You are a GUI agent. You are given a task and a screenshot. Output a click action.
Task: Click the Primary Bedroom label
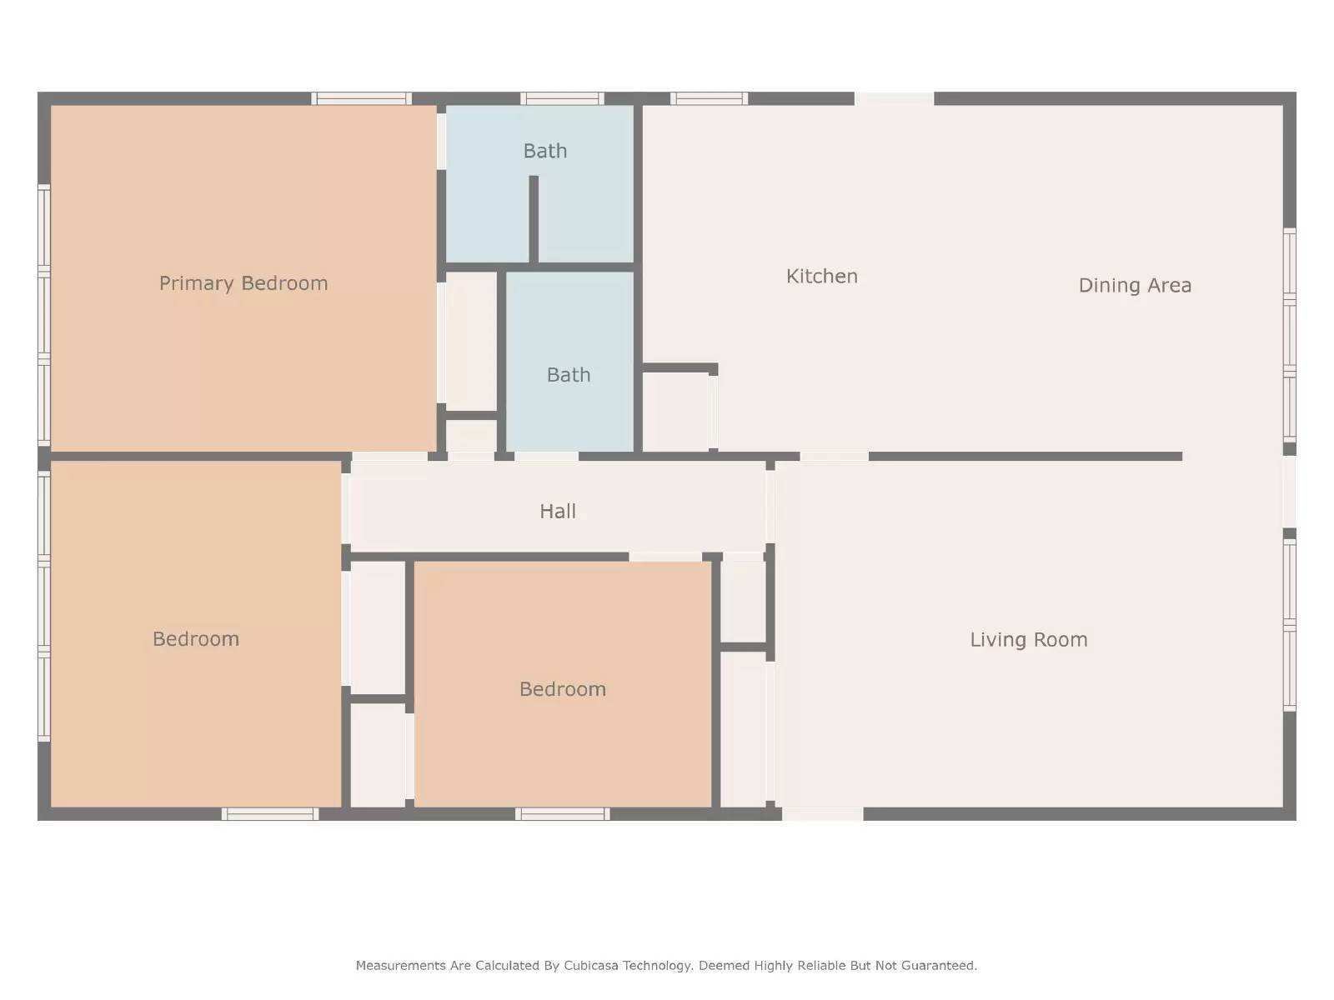tap(243, 283)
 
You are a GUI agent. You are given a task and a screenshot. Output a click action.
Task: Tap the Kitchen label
tap(821, 277)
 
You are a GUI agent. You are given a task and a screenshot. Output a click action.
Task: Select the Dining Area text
tap(1135, 286)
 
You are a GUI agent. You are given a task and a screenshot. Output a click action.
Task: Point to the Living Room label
tap(1028, 640)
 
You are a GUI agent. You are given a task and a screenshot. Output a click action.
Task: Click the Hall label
tap(558, 512)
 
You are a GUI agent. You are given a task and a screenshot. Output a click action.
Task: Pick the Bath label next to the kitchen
tap(569, 375)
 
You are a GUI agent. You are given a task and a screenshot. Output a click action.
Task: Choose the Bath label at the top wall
tap(545, 151)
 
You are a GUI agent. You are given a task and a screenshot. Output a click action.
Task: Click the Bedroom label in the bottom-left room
tap(196, 639)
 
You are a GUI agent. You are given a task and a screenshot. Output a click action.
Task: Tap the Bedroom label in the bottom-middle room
tap(563, 689)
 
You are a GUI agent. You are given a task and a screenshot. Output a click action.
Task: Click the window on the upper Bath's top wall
tap(563, 99)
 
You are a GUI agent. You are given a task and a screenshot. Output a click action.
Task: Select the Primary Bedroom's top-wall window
tap(362, 99)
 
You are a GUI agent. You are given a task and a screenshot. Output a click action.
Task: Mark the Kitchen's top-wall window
tap(709, 99)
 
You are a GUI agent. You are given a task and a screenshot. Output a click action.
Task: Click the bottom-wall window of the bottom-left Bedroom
tap(270, 814)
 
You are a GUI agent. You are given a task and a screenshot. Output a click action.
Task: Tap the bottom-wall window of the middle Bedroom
tap(563, 814)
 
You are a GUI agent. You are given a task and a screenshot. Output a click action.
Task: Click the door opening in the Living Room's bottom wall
tap(822, 814)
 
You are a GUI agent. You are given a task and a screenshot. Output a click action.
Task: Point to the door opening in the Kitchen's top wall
tap(894, 99)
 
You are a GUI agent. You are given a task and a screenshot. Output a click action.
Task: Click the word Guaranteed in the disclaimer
tap(940, 966)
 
